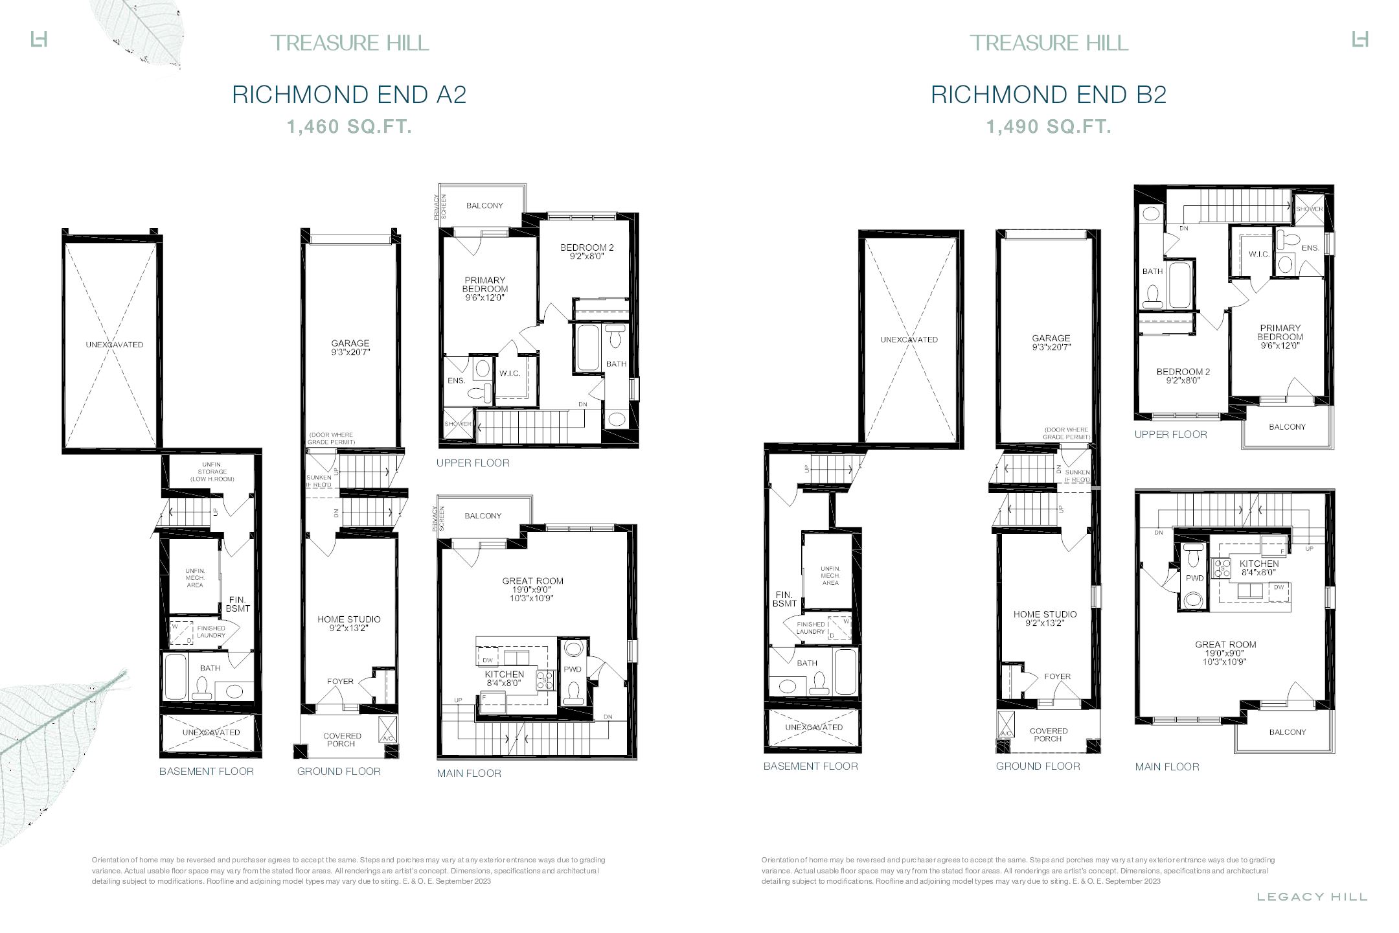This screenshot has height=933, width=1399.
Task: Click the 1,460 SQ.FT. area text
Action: coord(349,127)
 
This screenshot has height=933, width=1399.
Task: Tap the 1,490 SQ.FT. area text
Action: coord(1048,127)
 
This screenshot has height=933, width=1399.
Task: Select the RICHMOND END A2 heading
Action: coord(349,95)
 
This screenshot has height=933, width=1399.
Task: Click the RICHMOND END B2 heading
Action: coord(1048,95)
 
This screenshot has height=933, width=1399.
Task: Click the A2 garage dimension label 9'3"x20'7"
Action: coord(350,352)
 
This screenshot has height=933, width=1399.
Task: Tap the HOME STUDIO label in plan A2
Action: coord(349,619)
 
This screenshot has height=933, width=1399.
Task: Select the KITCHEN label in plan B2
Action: coord(1259,564)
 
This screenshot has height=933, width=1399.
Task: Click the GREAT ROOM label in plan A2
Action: coord(532,581)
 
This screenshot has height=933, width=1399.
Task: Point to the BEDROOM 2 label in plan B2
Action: coord(1183,372)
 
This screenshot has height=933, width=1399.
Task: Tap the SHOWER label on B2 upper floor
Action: coord(1309,209)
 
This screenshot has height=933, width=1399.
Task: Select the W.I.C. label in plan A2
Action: coord(510,373)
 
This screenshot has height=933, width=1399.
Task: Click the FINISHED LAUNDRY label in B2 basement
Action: coord(811,628)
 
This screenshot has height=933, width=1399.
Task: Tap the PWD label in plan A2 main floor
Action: coord(572,669)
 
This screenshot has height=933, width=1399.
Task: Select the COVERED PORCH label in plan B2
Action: coord(1048,735)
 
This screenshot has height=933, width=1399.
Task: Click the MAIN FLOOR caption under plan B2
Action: coord(1166,766)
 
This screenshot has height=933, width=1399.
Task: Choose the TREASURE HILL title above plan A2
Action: coord(349,43)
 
